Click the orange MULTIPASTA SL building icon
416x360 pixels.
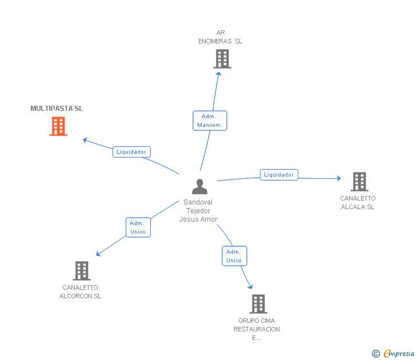click(58, 126)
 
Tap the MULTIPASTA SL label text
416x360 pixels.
click(57, 108)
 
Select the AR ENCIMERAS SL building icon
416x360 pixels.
click(222, 59)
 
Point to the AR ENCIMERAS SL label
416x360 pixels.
click(220, 37)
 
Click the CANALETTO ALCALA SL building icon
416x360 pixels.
click(359, 182)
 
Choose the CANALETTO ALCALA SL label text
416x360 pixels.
click(358, 202)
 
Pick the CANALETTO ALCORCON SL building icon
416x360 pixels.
click(82, 271)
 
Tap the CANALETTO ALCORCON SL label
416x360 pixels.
click(80, 291)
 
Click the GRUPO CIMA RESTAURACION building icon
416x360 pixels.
click(258, 304)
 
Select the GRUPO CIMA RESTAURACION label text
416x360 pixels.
click(257, 329)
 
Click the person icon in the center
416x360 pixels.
click(200, 186)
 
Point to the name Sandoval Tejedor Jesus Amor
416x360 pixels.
click(198, 211)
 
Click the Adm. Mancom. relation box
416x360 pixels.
click(210, 121)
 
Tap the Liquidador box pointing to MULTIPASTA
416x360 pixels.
click(131, 152)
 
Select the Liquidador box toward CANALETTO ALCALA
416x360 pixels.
click(279, 175)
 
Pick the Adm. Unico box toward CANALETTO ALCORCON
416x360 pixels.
click(138, 227)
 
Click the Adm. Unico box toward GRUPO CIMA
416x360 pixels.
click(234, 256)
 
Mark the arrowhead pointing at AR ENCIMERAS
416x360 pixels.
click(219, 74)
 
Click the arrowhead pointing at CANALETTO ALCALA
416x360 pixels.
click(339, 178)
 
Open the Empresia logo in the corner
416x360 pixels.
click(393, 354)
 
